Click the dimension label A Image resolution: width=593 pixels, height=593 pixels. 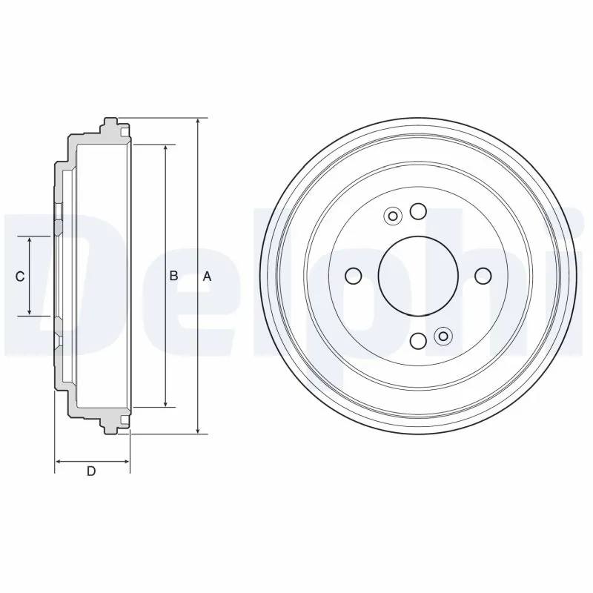coord(208,276)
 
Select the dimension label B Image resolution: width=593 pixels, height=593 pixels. coord(173,276)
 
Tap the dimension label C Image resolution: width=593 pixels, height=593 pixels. coord(21,276)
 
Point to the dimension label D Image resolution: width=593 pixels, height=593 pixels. coord(91,471)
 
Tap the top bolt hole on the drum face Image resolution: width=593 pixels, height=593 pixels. coord(418,212)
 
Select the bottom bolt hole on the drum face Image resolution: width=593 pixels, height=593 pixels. coord(418,341)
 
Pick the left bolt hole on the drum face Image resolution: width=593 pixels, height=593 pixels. coord(354,276)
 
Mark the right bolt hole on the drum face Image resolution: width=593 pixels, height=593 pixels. coord(483,276)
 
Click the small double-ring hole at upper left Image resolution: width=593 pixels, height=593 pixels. coord(393,216)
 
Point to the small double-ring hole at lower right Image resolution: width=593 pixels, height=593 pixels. coord(443,337)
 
